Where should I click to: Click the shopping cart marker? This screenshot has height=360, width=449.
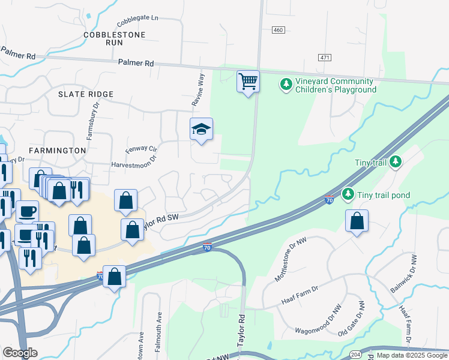(248, 81)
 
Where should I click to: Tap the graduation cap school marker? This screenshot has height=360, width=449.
(202, 129)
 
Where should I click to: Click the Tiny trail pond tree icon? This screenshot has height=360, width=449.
(348, 194)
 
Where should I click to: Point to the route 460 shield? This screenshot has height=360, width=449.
(277, 30)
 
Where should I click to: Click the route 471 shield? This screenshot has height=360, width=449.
(325, 57)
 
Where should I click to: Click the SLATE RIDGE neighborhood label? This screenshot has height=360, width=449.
(86, 94)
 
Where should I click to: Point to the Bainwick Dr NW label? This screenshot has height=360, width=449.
(412, 274)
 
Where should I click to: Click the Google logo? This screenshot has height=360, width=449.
(20, 353)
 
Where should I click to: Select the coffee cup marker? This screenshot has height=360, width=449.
(27, 212)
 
